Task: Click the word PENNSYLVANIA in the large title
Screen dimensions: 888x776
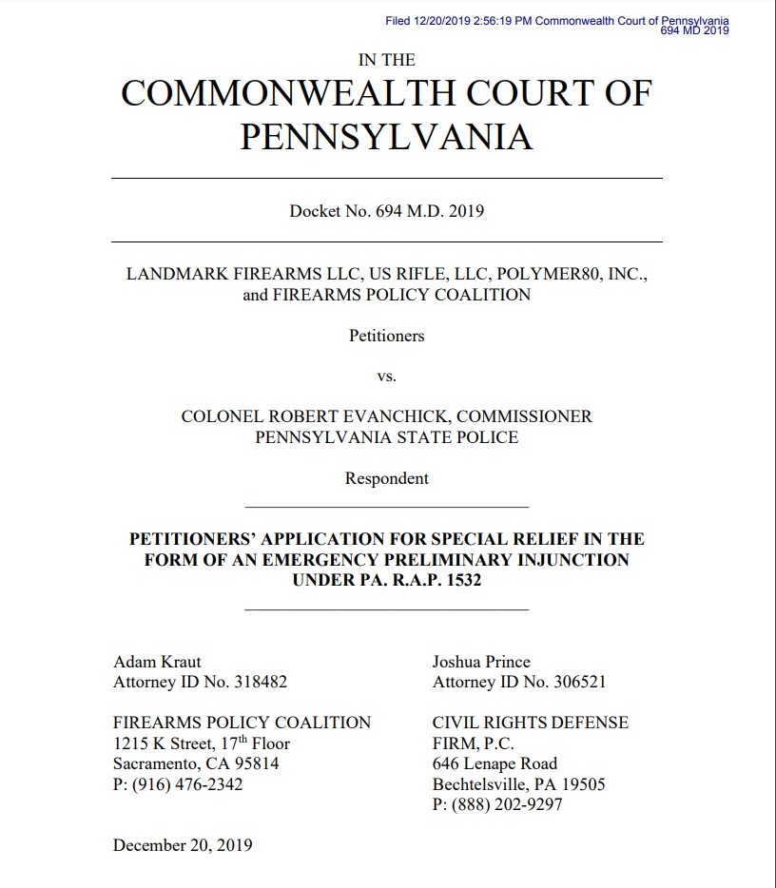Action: pyautogui.click(x=386, y=137)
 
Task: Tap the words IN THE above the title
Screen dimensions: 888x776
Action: pyautogui.click(x=386, y=60)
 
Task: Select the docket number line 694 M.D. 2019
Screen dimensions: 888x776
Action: pyautogui.click(x=386, y=211)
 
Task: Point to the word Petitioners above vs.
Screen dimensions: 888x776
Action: pyautogui.click(x=386, y=336)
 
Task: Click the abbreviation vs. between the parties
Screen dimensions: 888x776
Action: pyautogui.click(x=386, y=376)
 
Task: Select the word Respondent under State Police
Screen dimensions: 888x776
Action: pyautogui.click(x=386, y=478)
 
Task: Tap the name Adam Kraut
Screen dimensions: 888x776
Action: pyautogui.click(x=157, y=662)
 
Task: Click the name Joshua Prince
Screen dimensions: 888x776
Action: pyautogui.click(x=481, y=662)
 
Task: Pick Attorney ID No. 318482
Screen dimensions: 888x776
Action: pyautogui.click(x=200, y=682)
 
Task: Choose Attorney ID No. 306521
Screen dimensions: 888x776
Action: pyautogui.click(x=519, y=682)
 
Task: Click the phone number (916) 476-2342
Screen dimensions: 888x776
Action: pyautogui.click(x=178, y=784)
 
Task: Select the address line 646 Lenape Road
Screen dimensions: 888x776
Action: pyautogui.click(x=495, y=763)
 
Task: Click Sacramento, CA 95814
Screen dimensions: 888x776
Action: pyautogui.click(x=196, y=763)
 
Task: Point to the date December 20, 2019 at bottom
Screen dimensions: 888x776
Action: pyautogui.click(x=183, y=844)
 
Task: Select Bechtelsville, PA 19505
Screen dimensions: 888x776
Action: pyautogui.click(x=518, y=784)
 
